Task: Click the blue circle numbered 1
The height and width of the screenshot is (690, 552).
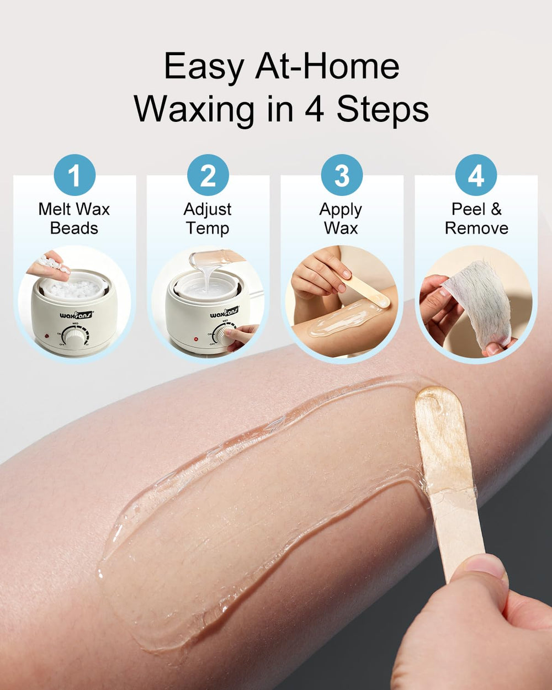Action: point(75,175)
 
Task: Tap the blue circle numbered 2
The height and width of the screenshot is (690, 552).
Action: point(208,175)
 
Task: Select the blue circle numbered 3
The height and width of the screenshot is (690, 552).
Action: point(342,175)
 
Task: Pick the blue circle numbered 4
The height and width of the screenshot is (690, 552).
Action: point(476,175)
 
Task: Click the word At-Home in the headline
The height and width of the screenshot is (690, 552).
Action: point(327,66)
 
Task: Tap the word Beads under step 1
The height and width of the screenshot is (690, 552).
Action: point(74,229)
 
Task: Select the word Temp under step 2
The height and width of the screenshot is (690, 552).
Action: point(208,229)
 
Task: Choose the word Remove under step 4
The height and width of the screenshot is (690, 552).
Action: point(476,229)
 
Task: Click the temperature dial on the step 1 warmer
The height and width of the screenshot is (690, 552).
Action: point(76,336)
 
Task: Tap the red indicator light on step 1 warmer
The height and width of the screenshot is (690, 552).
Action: point(47,336)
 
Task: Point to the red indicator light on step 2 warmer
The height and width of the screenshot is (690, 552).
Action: point(196,338)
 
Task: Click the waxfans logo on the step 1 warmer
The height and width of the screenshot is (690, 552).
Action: point(76,314)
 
